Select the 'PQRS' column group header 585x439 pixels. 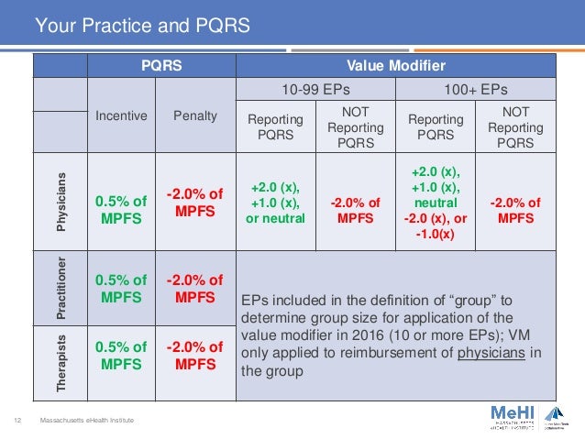[161, 66]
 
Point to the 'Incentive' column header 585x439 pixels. [122, 116]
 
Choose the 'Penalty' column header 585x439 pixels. [196, 116]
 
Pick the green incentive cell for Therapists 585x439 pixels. [122, 356]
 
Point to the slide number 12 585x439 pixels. [17, 420]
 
